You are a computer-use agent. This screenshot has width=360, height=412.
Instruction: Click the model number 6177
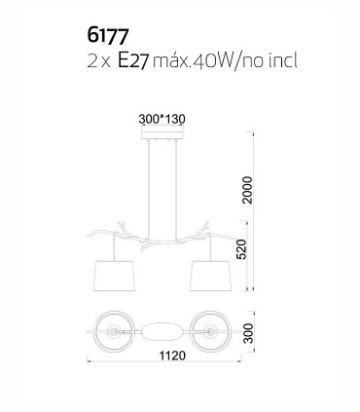108,36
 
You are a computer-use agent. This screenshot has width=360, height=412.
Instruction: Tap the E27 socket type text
133,60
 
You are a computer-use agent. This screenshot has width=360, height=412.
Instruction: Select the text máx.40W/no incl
225,60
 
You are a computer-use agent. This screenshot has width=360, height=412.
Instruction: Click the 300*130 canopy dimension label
162,119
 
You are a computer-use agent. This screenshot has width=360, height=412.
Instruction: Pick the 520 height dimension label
241,249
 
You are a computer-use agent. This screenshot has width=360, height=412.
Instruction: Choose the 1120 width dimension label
172,356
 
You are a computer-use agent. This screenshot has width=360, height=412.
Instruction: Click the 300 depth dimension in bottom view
248,333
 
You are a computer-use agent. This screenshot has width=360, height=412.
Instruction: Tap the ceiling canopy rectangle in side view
162,135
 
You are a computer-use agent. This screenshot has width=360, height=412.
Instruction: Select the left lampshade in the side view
114,276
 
